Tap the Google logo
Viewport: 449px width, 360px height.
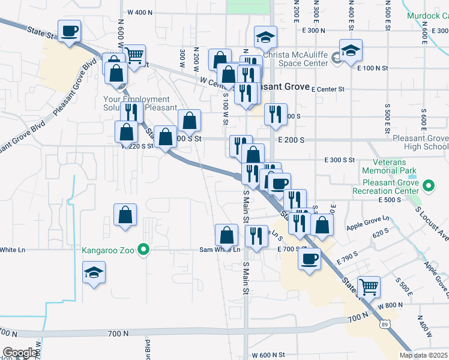pos(20,353)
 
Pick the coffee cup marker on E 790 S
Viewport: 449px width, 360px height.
pos(309,259)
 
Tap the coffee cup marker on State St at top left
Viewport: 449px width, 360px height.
pos(69,30)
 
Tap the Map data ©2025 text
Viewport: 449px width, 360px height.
pos(423,355)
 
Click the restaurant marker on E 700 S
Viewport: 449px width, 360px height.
pos(257,236)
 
